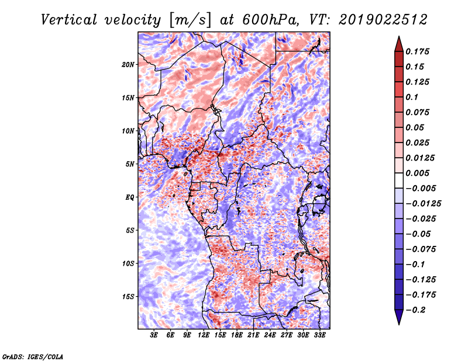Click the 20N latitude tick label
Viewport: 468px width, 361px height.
128,65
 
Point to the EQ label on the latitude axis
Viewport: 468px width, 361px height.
130,197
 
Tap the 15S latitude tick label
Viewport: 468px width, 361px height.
128,297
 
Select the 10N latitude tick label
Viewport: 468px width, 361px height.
128,131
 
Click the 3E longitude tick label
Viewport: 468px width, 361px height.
154,335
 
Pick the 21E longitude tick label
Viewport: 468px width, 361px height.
253,335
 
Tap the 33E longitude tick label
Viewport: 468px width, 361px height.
319,335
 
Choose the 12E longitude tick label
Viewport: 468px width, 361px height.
204,335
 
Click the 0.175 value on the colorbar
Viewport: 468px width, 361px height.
417,51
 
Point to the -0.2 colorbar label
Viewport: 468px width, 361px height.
415,310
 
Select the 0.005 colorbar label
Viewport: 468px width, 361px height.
417,173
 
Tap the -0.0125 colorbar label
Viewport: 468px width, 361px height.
423,204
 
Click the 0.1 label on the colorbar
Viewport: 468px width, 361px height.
412,97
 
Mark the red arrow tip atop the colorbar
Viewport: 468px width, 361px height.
399,36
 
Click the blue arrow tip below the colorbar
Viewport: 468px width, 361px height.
399,324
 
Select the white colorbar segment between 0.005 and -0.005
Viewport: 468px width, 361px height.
399,180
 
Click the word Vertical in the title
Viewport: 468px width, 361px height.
69,20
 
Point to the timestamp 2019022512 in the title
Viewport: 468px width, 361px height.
383,20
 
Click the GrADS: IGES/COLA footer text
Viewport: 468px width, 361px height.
33,356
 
